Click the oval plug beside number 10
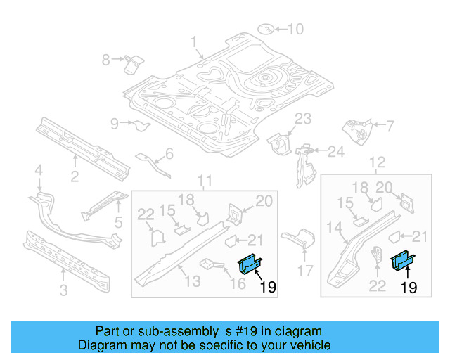(x=266, y=29)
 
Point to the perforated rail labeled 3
(x=67, y=259)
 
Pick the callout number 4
(x=39, y=169)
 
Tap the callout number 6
(x=169, y=154)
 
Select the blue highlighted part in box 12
(x=404, y=261)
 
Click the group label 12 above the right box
(x=378, y=163)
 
